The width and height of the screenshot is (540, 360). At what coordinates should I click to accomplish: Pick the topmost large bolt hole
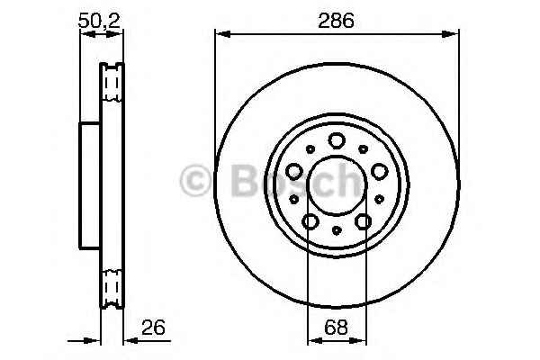point(337,140)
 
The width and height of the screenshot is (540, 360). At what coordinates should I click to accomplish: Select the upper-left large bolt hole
point(295,170)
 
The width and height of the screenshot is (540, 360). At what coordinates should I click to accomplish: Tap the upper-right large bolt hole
point(378,170)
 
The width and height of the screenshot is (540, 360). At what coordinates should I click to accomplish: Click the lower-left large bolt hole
point(310,220)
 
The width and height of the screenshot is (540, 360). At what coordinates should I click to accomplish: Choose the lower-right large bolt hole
point(363,220)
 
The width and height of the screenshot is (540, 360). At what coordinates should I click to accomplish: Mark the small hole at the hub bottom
point(337,231)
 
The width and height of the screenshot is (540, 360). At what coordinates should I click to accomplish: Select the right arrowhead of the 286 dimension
point(453,34)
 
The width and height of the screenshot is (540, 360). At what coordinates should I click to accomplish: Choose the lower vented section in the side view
point(112,286)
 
